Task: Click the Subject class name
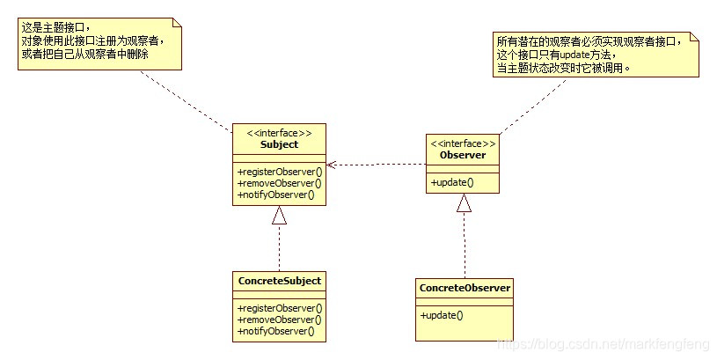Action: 279,144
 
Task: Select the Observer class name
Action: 463,156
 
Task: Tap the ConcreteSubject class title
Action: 279,281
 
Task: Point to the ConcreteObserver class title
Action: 465,288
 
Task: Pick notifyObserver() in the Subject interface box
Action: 275,195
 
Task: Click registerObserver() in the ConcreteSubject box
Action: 280,308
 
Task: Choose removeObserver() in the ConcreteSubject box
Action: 279,320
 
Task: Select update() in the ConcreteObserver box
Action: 442,314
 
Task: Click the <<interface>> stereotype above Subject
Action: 279,133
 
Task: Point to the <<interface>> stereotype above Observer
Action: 463,143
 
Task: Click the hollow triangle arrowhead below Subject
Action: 279,215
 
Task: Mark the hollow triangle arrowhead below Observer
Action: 464,202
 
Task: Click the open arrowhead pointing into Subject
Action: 331,165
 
